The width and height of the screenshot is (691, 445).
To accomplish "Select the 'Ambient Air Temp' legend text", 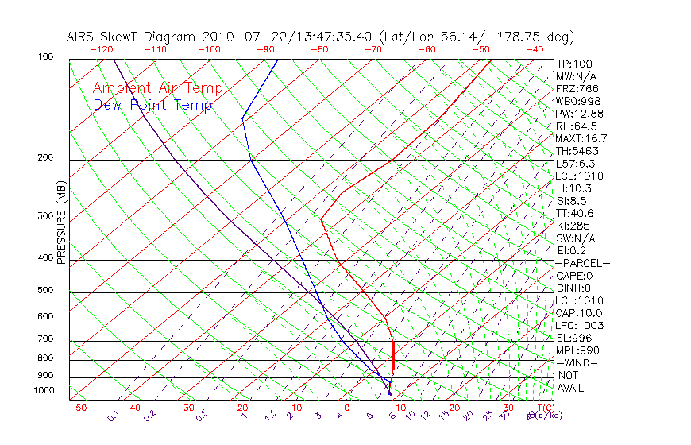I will (157, 88).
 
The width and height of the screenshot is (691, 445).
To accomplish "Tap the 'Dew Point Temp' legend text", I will (152, 105).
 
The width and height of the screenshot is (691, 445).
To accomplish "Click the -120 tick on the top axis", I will (101, 49).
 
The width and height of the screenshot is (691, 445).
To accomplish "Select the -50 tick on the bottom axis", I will (77, 408).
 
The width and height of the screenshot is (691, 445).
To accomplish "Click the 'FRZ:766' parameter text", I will (577, 88).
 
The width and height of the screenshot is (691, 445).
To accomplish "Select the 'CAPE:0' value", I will (576, 276).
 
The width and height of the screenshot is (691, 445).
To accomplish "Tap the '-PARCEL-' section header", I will (582, 263).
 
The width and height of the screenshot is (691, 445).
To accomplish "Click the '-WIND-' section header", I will (577, 362).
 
